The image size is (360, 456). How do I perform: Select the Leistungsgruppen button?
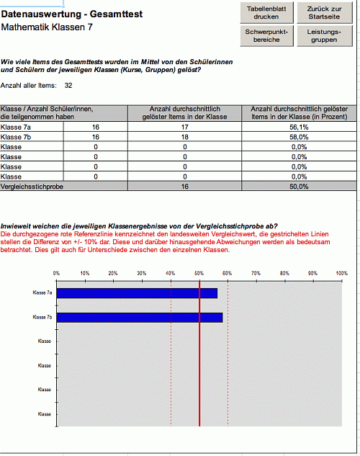(x=323, y=36)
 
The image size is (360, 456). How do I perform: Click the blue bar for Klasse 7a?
(x=137, y=293)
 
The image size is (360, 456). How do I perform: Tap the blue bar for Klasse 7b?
(x=140, y=318)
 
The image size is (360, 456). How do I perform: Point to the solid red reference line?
(x=199, y=360)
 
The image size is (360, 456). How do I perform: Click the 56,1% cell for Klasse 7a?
(x=300, y=128)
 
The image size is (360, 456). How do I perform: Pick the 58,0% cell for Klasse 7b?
(x=300, y=137)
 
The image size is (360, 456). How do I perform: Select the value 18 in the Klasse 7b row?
(x=185, y=137)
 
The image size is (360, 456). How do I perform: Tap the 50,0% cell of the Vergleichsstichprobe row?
(x=300, y=186)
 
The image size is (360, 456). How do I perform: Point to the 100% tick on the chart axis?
(x=341, y=274)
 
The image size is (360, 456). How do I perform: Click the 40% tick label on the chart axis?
(x=171, y=274)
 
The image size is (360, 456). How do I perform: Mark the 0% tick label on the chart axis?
(x=57, y=274)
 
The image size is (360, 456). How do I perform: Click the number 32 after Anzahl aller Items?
(x=68, y=86)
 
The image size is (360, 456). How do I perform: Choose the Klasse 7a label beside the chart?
(x=43, y=293)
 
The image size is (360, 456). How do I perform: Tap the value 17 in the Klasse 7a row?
(x=185, y=128)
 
